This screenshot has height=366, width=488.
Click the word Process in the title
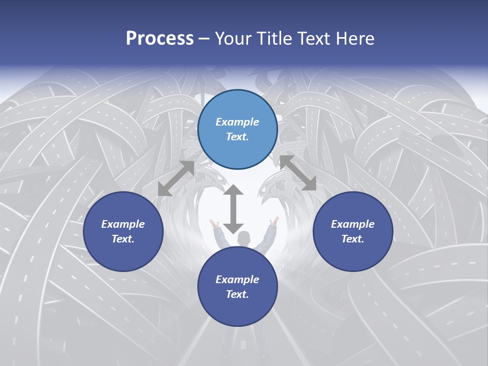pos(160,38)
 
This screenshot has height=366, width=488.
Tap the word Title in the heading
pos(274,38)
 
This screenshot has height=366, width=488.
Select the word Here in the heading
pos(354,38)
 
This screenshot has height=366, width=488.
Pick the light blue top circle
pos(237,130)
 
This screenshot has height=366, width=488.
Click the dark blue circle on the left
pos(123,231)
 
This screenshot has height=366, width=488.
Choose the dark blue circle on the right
pos(353,231)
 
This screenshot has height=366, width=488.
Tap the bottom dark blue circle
pos(237,287)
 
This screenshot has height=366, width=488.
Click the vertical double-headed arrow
pos(233,209)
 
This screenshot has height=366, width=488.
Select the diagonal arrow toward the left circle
pos(176,178)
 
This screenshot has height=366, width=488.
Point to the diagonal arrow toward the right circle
pos(298,173)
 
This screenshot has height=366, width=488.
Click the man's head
pos(245,237)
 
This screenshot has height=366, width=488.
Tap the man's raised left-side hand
pos(214,222)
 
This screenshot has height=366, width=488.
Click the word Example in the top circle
pos(237,122)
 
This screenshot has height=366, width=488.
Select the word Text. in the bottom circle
pos(237,294)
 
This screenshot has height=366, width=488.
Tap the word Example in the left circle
pos(123,224)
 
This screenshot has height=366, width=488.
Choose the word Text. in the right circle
pos(353,239)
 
